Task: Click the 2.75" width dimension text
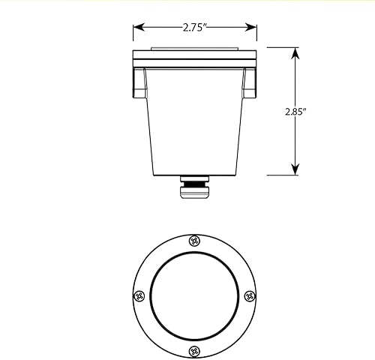194,28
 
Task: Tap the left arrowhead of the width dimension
137,28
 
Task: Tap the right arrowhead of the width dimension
253,28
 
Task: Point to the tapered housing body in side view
195,120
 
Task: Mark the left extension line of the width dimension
133,34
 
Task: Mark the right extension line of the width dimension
256,34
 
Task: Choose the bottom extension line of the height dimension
281,175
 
